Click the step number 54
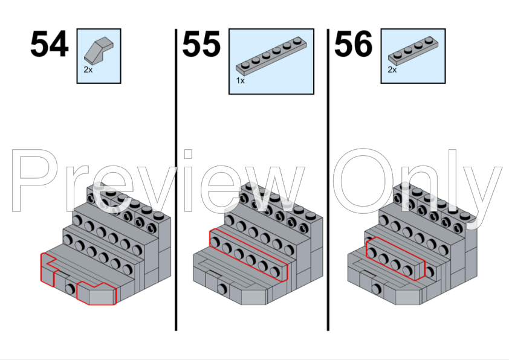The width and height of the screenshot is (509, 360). [50, 44]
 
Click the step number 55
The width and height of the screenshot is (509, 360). [201, 44]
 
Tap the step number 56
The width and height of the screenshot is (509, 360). [353, 44]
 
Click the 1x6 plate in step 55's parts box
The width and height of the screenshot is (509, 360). [271, 56]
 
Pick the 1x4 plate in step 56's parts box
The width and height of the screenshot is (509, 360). [413, 49]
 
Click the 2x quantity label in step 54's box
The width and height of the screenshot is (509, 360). [88, 69]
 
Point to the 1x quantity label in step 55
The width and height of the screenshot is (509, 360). [240, 81]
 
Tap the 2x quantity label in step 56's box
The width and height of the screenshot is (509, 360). [392, 69]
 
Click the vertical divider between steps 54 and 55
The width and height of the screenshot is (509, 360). [176, 179]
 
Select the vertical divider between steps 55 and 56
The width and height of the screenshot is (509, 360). [328, 179]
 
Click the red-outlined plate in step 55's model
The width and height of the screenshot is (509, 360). [248, 255]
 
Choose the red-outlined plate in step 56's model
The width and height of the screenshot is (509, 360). [395, 259]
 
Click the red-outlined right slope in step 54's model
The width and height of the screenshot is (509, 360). [96, 294]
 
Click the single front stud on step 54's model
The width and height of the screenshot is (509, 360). [70, 288]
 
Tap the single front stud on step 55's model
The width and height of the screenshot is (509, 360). [222, 288]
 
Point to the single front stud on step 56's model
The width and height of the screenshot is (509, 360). [376, 288]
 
